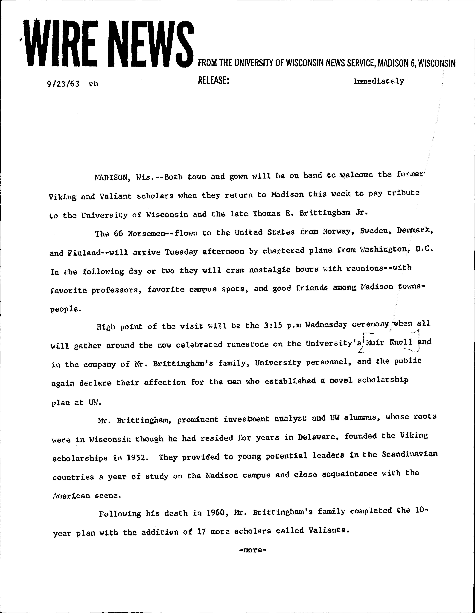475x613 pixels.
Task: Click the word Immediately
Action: tap(379, 81)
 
